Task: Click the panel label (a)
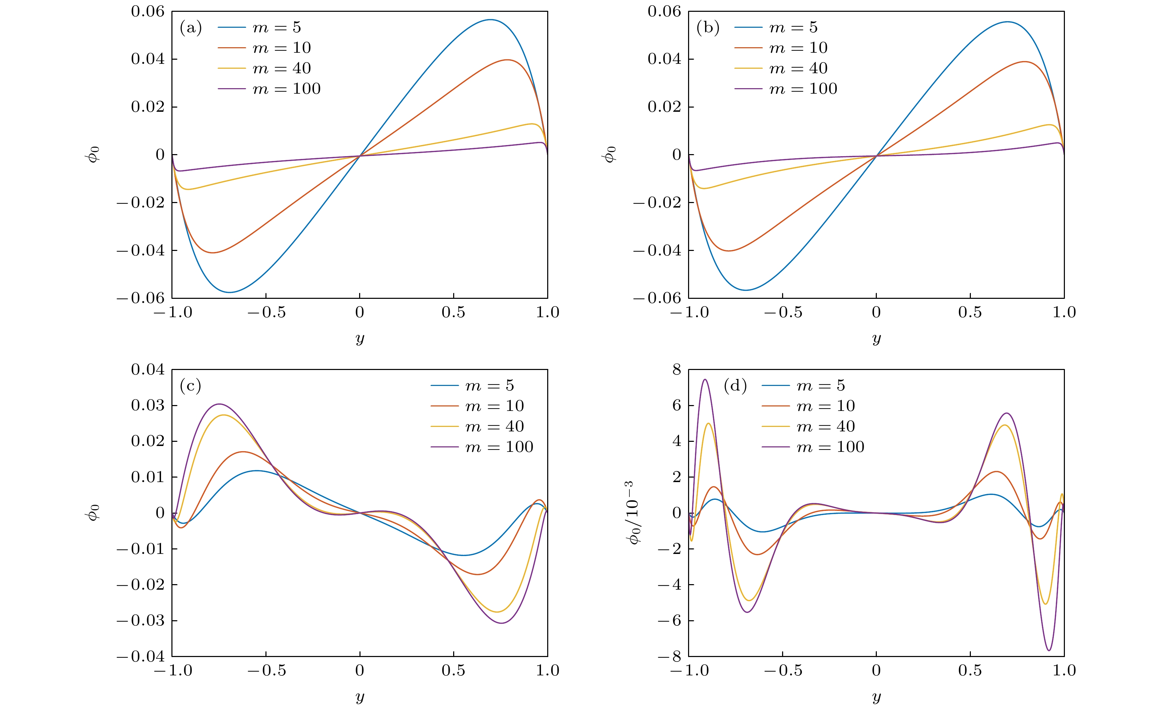point(191,28)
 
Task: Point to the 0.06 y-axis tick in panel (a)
point(148,12)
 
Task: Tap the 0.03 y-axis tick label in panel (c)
point(148,405)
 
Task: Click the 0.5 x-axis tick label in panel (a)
point(453,312)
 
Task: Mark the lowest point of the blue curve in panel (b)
point(746,290)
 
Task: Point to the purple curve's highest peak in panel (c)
point(219,404)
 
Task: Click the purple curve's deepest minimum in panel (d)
point(1049,651)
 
